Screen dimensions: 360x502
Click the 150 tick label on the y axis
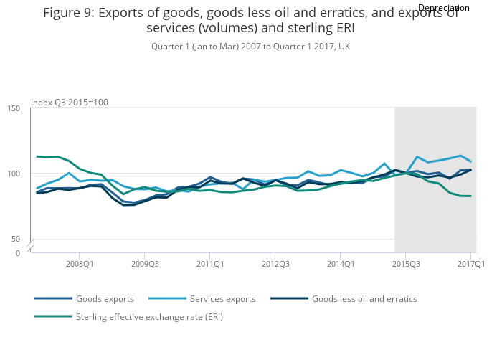14,108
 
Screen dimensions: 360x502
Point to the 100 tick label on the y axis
14,174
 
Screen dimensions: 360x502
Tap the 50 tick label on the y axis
16,239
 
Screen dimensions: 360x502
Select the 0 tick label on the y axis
19,253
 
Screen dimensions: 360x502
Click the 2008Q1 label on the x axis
79,264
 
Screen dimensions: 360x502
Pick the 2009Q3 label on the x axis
144,264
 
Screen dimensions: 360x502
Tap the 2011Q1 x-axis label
209,264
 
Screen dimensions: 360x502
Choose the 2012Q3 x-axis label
275,264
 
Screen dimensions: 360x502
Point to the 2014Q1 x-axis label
340,264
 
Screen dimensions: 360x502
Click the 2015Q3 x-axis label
405,264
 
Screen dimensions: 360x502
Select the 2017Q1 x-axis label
470,264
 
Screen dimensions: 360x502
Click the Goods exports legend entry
103,298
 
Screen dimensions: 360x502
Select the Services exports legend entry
219,298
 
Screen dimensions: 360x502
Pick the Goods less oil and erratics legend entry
364,298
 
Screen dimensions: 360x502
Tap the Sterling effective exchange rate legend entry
149,316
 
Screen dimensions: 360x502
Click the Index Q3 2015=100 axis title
70,102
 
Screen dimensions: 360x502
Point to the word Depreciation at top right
443,8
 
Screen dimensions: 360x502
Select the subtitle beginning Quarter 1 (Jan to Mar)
250,47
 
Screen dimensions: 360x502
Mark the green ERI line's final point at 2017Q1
470,196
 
